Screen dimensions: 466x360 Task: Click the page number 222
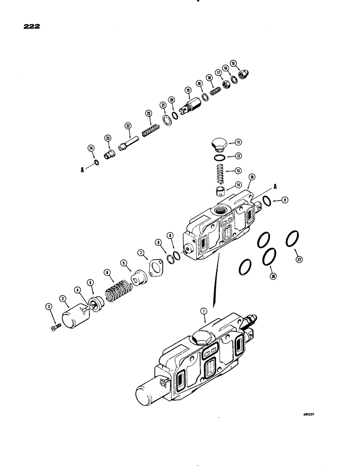point(30,27)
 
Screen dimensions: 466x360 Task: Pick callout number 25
point(148,113)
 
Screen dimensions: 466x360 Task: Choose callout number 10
point(252,177)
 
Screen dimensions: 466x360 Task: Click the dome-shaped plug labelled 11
point(217,144)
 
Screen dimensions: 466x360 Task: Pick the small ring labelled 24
point(95,163)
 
